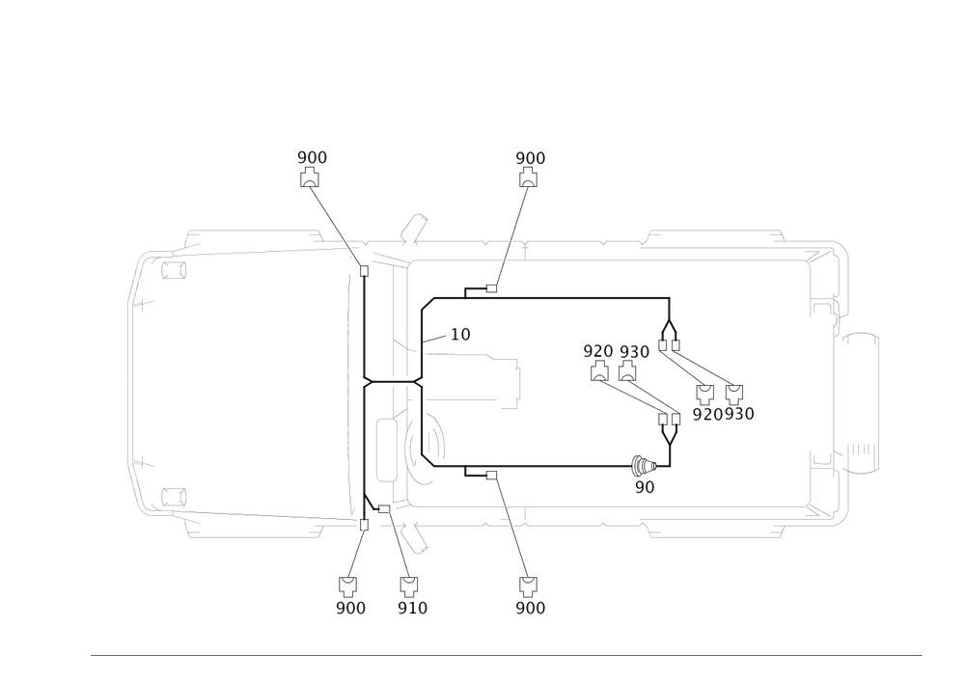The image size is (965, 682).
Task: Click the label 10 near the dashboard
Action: click(461, 335)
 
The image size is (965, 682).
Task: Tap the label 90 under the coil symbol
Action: click(645, 487)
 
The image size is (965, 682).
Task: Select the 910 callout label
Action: click(412, 608)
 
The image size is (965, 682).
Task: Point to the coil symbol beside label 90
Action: click(641, 465)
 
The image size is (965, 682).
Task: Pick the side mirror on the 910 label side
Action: click(415, 536)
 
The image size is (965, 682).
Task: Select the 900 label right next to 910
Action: click(350, 608)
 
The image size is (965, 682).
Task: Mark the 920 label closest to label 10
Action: click(598, 351)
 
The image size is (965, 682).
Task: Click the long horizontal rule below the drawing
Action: click(507, 654)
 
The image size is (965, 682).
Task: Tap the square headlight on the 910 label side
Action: click(172, 498)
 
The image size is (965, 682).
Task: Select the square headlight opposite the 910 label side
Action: click(172, 269)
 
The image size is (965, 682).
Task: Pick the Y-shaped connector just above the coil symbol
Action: click(667, 431)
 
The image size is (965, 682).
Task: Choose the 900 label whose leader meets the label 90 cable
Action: click(530, 608)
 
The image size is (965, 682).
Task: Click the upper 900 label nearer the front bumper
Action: click(311, 157)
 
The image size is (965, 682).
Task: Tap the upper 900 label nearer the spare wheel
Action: click(530, 157)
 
